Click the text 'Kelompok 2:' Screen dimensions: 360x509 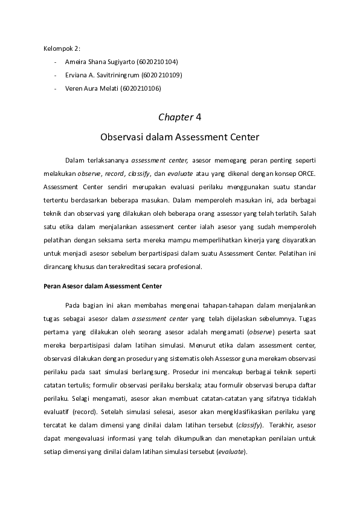[62, 48]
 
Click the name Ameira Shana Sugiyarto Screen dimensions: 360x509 [100, 62]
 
